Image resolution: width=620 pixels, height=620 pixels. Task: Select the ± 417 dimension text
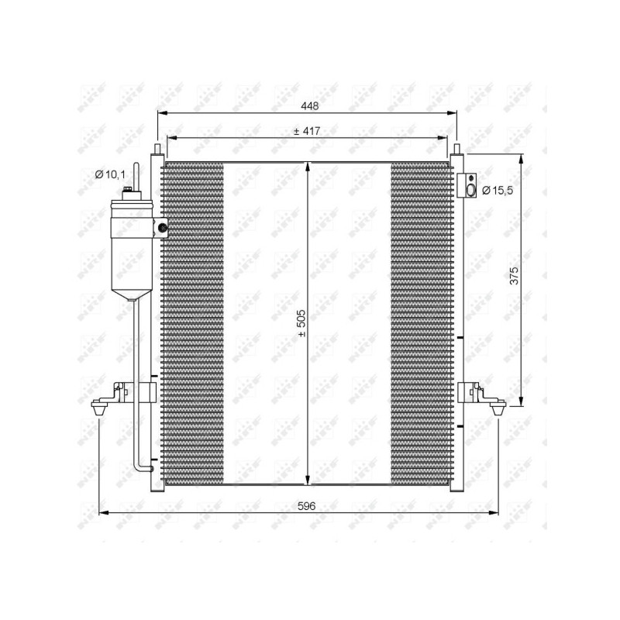click(x=307, y=131)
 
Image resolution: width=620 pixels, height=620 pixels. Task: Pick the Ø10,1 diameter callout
click(x=109, y=175)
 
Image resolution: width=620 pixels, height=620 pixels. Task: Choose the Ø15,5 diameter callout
click(x=497, y=190)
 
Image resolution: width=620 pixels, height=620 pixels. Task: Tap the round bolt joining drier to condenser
click(x=162, y=227)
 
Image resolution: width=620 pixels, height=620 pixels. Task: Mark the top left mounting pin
click(x=157, y=150)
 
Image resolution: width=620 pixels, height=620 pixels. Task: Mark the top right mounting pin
click(x=456, y=150)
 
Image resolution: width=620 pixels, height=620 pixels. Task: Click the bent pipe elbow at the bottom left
click(x=141, y=465)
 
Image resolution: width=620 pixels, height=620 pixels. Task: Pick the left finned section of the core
click(x=192, y=322)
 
